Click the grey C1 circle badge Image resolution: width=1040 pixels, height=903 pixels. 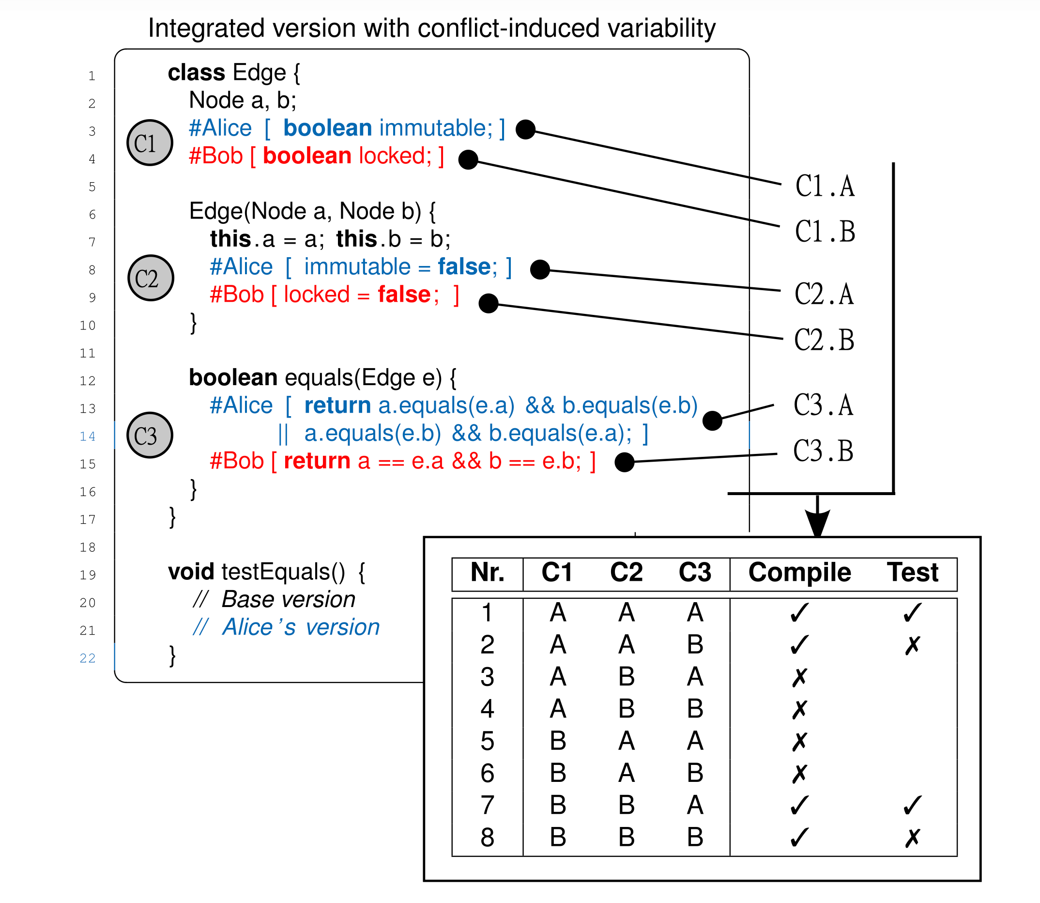(150, 142)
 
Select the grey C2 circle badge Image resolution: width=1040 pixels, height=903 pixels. (151, 278)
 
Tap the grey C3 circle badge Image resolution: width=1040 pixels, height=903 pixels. (150, 435)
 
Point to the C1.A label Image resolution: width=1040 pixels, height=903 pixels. (825, 186)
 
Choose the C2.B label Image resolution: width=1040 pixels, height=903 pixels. (824, 339)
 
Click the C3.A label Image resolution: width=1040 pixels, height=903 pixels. (823, 405)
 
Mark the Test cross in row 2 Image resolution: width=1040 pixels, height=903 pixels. (912, 645)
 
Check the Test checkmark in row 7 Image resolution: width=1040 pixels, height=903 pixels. (912, 805)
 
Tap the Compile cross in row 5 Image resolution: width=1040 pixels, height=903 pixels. (799, 741)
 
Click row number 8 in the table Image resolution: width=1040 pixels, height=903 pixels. (487, 837)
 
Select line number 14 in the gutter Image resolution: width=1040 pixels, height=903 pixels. (88, 436)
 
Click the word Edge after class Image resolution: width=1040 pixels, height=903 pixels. (259, 73)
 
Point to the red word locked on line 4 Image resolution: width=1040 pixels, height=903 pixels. (395, 156)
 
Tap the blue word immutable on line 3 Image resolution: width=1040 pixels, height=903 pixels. (436, 128)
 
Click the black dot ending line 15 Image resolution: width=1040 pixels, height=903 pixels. (624, 462)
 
